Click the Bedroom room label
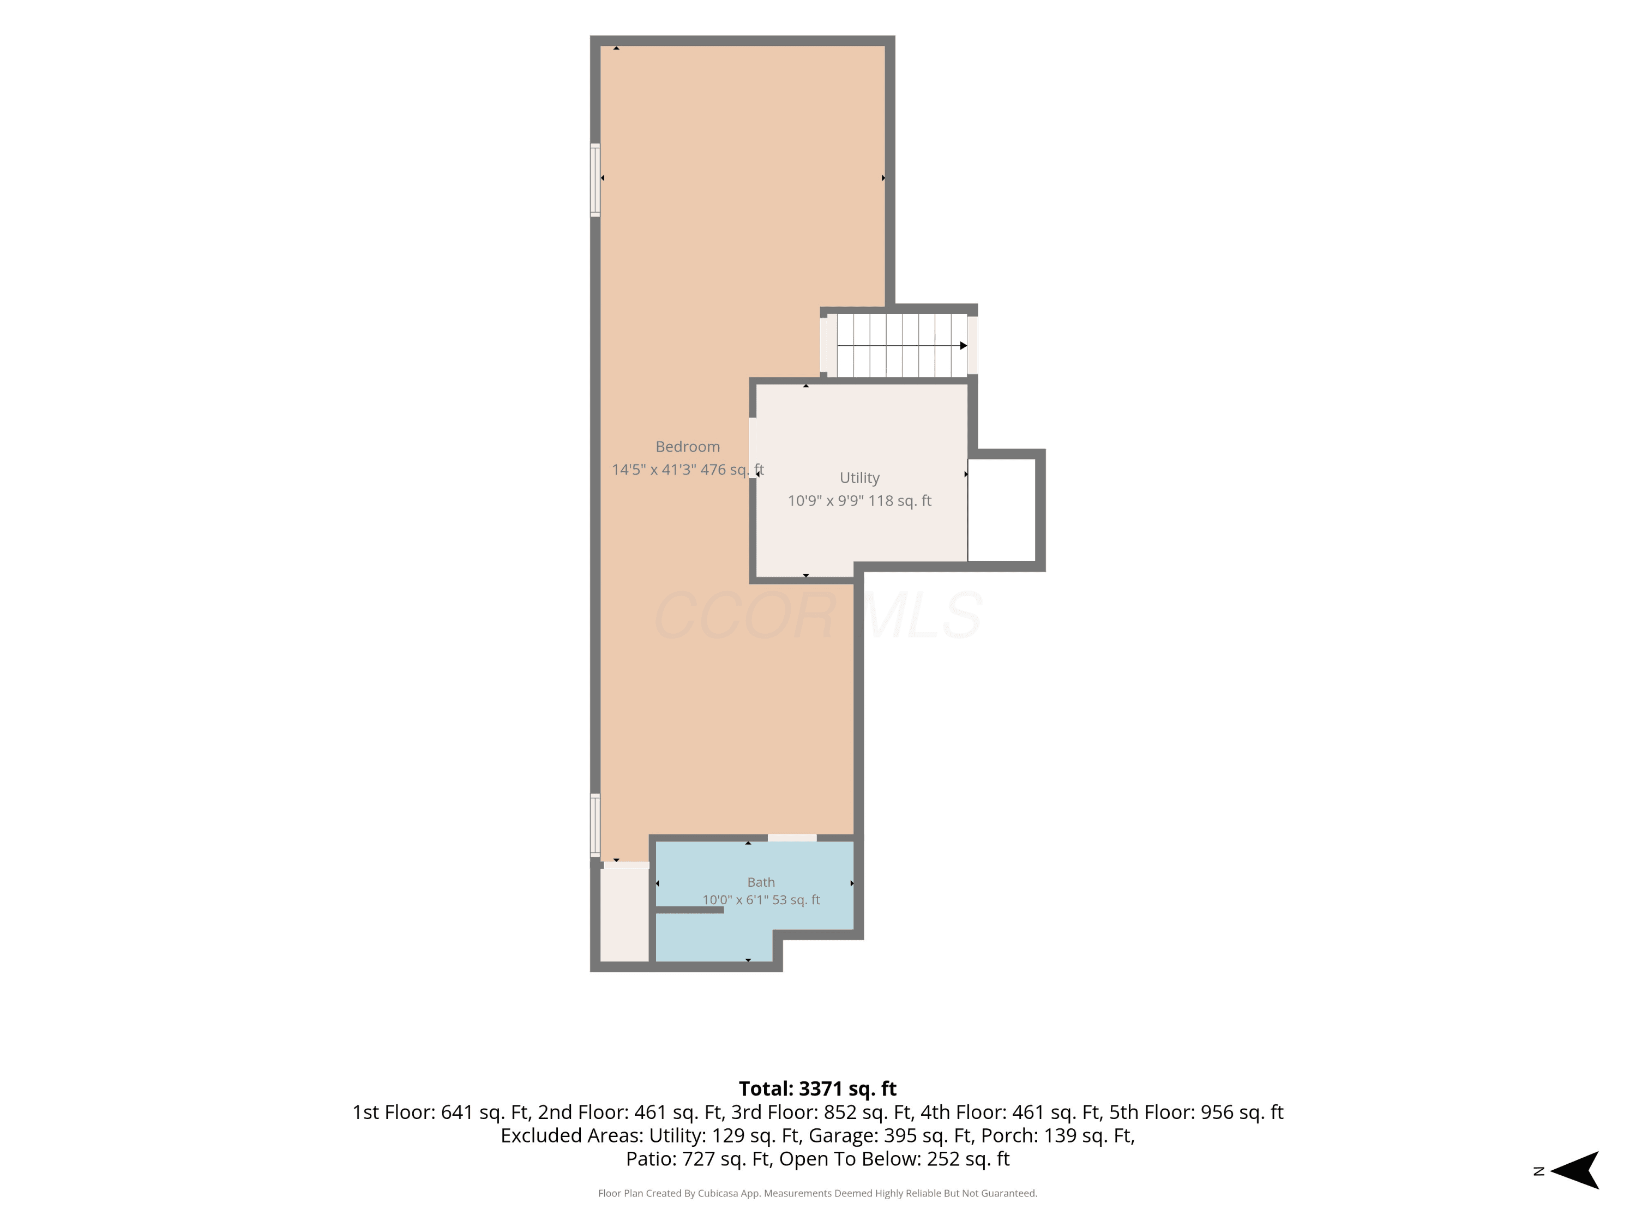click(x=687, y=447)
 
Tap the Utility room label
click(x=859, y=478)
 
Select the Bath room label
click(x=761, y=882)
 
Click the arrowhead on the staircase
click(x=964, y=345)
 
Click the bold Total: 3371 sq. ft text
click(x=817, y=1088)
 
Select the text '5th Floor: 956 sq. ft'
click(x=1196, y=1112)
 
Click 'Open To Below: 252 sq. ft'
click(x=894, y=1159)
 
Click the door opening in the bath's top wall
click(x=792, y=838)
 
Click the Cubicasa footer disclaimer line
click(x=817, y=1193)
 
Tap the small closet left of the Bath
click(x=624, y=915)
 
